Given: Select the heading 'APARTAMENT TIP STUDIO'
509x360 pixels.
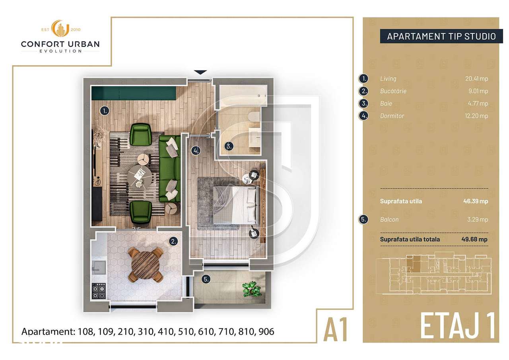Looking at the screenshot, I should click(441, 37).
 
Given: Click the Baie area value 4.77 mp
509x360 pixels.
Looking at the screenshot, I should click(479, 103).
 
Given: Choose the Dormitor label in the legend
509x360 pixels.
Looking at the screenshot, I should click(392, 116).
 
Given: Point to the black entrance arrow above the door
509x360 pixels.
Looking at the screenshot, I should click(200, 72).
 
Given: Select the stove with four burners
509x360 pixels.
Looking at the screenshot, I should click(98, 291).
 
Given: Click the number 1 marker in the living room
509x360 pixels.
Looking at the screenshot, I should click(104, 111).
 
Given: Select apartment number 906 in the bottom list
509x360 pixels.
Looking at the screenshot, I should click(266, 331).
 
